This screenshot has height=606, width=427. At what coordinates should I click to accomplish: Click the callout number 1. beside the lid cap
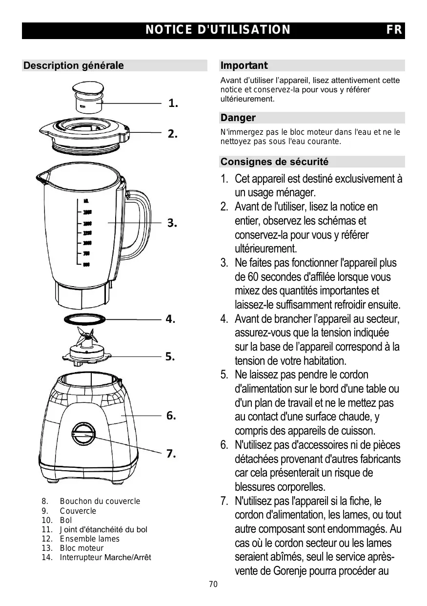point(173,103)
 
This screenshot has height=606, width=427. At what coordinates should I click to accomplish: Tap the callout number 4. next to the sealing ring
point(170,319)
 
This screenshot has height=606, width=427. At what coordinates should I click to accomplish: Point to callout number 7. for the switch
point(171,454)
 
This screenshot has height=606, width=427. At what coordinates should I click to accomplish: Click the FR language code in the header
point(394,30)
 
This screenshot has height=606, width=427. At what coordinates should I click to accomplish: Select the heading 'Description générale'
point(74,65)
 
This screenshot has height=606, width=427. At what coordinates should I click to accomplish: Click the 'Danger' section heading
point(238,118)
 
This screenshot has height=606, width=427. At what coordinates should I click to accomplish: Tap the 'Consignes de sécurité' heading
point(274,162)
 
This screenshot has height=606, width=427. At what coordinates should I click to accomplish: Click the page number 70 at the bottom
point(213,585)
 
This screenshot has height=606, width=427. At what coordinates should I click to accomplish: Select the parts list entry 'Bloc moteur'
point(81,548)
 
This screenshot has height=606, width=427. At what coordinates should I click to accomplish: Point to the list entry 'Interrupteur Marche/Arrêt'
point(105,557)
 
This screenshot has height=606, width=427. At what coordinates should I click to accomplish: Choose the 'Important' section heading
point(244,65)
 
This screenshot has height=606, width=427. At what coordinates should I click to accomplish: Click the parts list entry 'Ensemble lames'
point(89,539)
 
